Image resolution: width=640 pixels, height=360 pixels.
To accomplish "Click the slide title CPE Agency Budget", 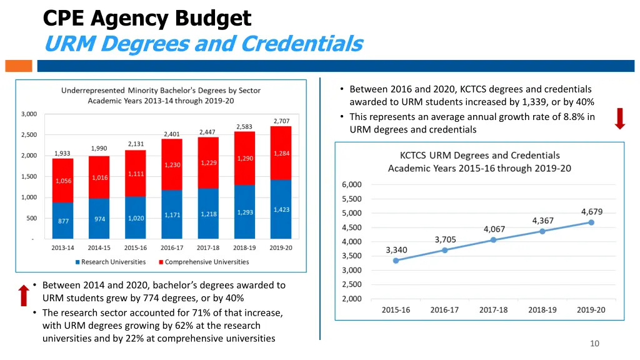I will pos(147,18).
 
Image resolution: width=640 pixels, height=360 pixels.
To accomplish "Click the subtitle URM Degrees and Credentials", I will pos(204,44).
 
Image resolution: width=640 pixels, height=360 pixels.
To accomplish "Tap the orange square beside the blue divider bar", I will pos(18,66).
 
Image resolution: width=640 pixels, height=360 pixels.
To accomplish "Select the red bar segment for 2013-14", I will pos(62,180).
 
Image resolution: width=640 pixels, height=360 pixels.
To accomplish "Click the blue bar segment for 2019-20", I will pos(281,209).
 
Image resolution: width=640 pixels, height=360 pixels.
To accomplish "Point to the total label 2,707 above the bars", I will pos(281,121).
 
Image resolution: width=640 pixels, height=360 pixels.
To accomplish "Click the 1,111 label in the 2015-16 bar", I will pos(136,174).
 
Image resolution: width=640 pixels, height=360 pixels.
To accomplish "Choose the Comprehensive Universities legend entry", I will pos(206,262).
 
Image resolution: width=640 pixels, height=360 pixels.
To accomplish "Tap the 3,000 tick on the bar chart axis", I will pos(29,114).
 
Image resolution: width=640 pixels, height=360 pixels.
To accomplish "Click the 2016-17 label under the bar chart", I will pos(172,248).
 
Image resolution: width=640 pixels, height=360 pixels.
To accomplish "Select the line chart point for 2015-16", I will pos(396,261).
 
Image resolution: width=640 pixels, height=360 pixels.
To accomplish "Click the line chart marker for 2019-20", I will pos(591,222).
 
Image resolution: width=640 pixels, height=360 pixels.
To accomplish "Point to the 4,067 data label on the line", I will pos(494,229).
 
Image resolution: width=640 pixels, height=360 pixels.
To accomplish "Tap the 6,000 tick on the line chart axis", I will pos(351,184).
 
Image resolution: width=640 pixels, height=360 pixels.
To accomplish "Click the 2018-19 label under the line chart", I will pos(542,309).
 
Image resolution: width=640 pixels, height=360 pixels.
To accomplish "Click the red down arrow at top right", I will pos(619,118).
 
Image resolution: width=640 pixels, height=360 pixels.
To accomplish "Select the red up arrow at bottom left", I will pos(23,294).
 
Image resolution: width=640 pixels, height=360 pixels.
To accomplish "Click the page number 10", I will pos(594,344).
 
